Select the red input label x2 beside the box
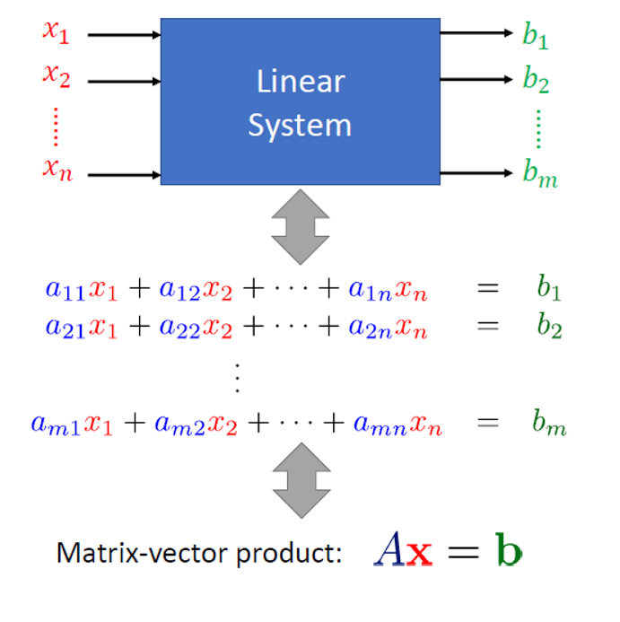56,77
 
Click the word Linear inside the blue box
300,82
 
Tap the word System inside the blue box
300,125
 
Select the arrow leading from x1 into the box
124,35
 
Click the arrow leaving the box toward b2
476,80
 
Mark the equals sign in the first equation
487,288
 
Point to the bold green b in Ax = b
507,550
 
